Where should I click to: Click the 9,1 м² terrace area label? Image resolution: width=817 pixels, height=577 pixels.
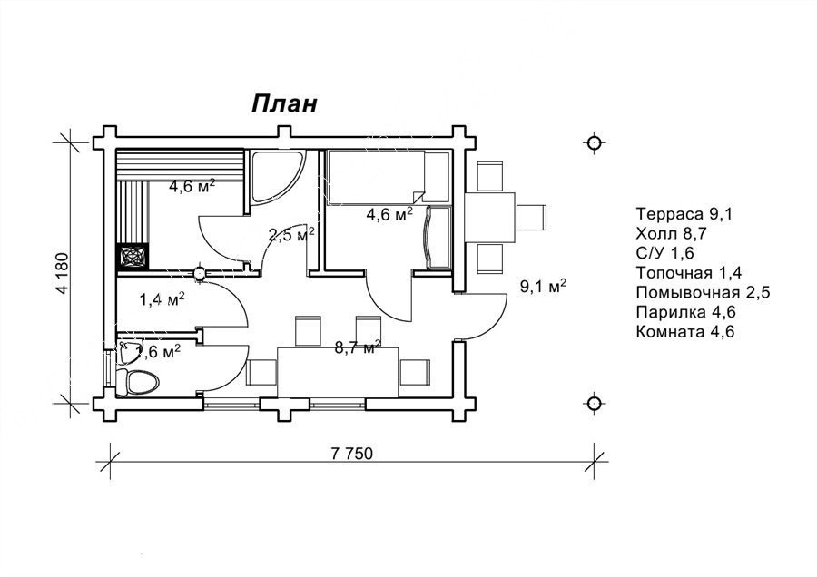pyautogui.click(x=543, y=287)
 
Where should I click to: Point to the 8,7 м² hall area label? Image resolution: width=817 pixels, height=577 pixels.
pyautogui.click(x=357, y=347)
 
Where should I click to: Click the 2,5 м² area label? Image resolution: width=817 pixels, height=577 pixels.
pyautogui.click(x=291, y=235)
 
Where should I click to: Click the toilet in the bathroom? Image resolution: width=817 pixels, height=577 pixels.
pyautogui.click(x=141, y=381)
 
